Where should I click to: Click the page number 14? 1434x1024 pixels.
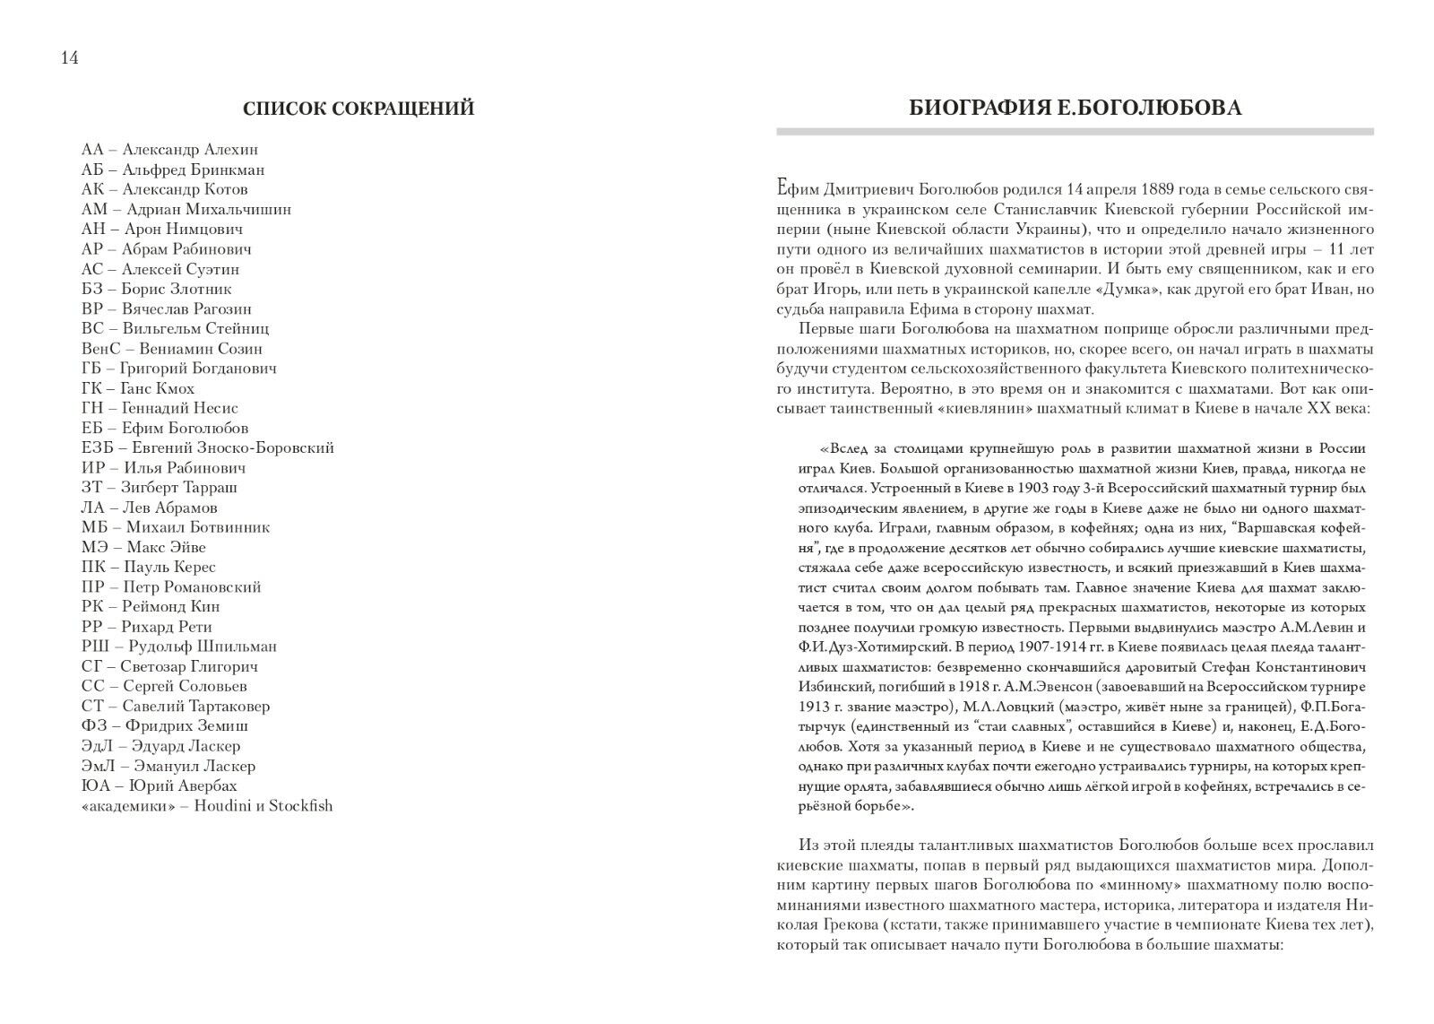(69, 58)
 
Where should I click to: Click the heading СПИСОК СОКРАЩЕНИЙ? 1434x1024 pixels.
(358, 109)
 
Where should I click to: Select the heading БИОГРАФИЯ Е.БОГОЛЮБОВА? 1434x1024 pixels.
(1075, 108)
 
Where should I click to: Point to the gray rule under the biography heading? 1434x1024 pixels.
(1075, 132)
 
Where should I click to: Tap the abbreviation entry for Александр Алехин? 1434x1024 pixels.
(169, 150)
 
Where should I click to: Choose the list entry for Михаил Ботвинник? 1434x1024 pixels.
(175, 527)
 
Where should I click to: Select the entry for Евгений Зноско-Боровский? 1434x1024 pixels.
(207, 447)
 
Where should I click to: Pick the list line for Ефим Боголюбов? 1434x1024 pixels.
(164, 428)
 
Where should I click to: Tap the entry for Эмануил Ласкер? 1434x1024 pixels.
(168, 766)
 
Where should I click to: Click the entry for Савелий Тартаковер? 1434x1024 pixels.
(175, 706)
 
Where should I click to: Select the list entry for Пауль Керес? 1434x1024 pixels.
(148, 567)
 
